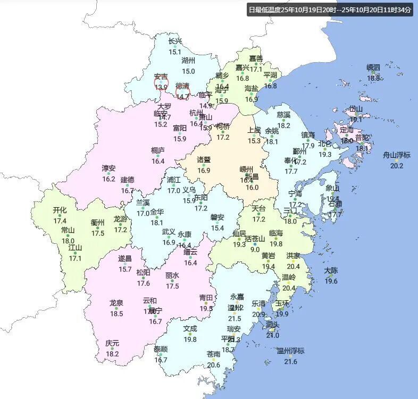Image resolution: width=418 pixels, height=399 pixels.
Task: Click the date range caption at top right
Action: (x=330, y=10)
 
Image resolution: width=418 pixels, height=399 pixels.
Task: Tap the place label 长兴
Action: (x=175, y=41)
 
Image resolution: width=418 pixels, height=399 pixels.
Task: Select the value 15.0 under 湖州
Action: (x=188, y=71)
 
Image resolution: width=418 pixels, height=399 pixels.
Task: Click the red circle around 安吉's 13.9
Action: (x=161, y=83)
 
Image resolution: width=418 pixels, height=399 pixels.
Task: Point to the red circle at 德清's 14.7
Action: (x=182, y=92)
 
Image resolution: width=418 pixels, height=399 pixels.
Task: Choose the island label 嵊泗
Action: (x=373, y=67)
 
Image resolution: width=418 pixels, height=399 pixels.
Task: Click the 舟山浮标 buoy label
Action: (x=397, y=155)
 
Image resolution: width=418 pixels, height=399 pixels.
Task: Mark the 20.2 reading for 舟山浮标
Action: (x=397, y=166)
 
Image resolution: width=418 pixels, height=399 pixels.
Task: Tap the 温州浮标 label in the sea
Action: (x=290, y=351)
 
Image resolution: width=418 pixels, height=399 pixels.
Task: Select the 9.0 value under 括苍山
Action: (x=255, y=249)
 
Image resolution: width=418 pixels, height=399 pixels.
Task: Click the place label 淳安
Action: (x=108, y=168)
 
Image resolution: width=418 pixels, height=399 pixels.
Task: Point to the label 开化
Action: (x=60, y=210)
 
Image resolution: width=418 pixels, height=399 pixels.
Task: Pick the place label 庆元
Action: (x=112, y=343)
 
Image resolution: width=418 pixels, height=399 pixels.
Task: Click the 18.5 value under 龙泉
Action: (x=116, y=314)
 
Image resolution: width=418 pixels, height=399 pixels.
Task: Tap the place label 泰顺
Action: (x=161, y=349)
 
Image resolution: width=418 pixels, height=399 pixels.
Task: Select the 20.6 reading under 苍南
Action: (x=213, y=365)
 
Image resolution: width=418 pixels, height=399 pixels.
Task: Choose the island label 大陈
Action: (x=331, y=271)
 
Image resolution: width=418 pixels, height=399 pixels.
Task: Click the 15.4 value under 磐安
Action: (x=218, y=228)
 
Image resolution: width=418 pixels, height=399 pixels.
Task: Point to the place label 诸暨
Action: (x=204, y=160)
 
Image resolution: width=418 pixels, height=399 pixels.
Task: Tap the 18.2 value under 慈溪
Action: (x=283, y=125)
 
